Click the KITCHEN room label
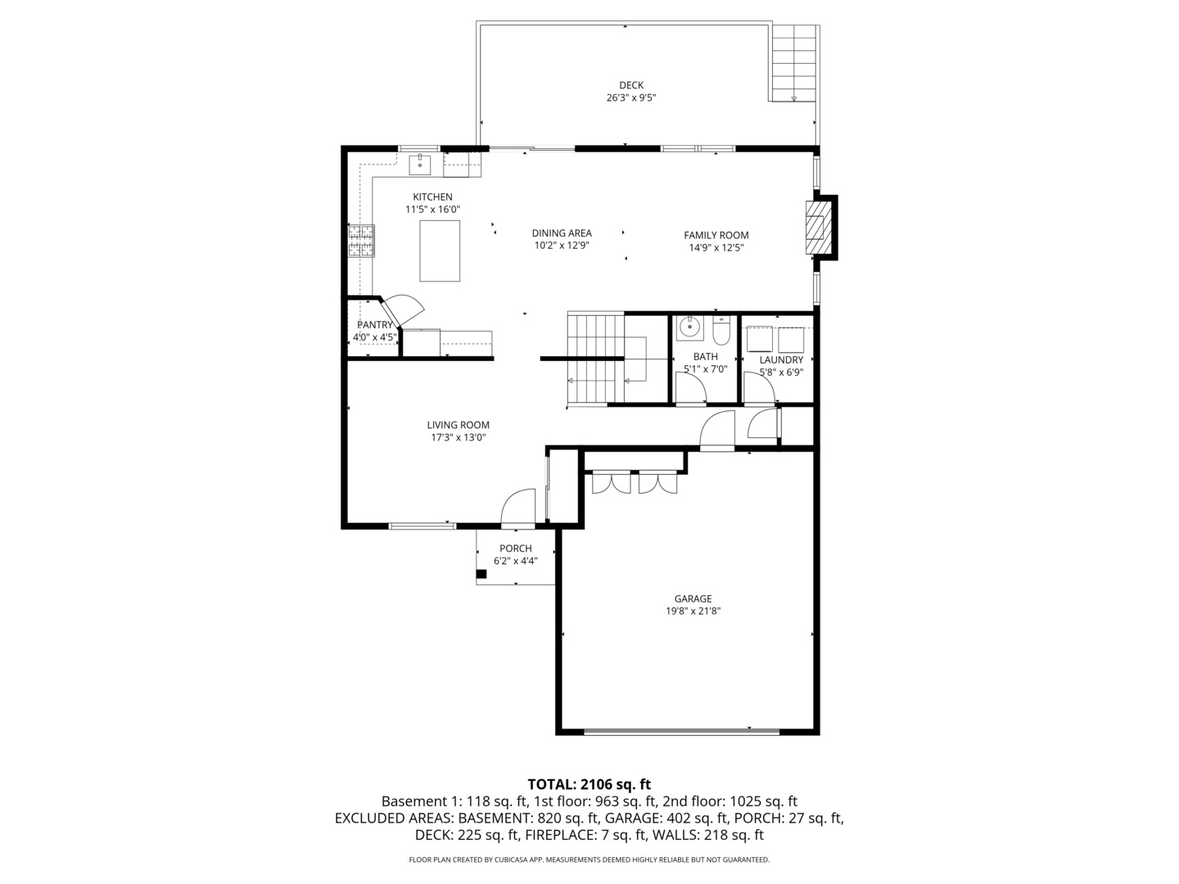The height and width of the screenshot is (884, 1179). click(432, 197)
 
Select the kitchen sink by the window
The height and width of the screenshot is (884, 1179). click(420, 164)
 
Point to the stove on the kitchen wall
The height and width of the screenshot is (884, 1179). click(361, 241)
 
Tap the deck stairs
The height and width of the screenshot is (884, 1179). click(793, 63)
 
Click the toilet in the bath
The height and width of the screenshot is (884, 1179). click(721, 331)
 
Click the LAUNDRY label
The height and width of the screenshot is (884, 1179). click(781, 360)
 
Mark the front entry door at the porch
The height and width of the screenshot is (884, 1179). click(518, 507)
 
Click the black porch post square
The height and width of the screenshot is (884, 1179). click(481, 574)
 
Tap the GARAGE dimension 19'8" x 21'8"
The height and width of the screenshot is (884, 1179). click(693, 611)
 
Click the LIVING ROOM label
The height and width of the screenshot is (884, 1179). click(458, 425)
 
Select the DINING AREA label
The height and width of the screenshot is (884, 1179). click(562, 233)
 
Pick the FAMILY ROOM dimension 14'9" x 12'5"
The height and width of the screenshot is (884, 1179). click(716, 248)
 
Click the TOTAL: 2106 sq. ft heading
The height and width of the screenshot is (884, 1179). click(589, 784)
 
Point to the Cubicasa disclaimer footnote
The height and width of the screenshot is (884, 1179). click(589, 860)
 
